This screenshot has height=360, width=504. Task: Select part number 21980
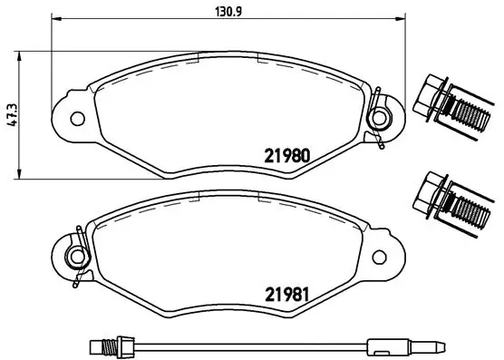288,154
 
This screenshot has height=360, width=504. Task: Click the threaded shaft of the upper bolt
470,116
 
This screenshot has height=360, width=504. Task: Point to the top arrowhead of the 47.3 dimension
22,54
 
